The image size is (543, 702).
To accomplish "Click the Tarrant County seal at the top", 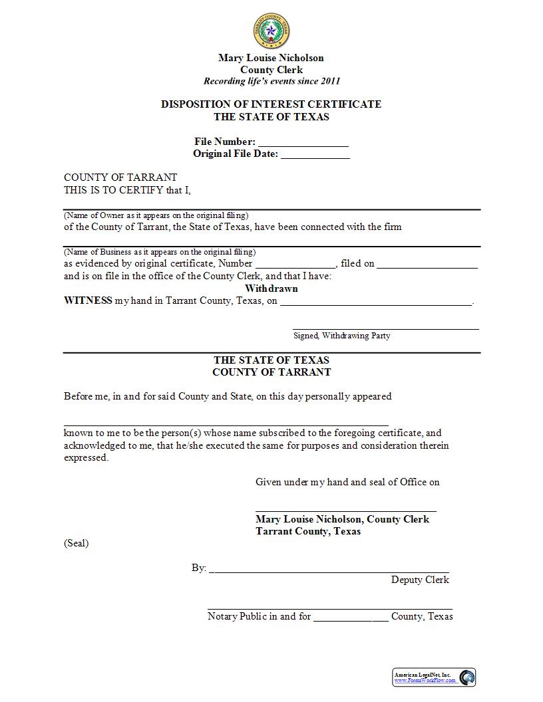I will tap(271, 31).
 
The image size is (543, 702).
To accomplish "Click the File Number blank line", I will tap(303, 143).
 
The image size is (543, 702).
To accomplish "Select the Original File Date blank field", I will tap(315, 155).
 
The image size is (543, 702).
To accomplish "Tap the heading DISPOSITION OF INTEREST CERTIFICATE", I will tap(271, 104).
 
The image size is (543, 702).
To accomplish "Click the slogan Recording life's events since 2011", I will tap(271, 82).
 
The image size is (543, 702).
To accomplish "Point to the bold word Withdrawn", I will tap(271, 289).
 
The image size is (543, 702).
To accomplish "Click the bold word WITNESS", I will tap(88, 301).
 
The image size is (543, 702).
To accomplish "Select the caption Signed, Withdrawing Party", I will tap(342, 336).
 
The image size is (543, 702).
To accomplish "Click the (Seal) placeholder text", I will tap(77, 544).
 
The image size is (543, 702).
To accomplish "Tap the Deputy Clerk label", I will tap(420, 580).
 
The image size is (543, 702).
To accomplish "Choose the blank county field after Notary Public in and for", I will tap(351, 617).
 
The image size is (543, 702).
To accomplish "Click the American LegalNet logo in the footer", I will tap(434, 677).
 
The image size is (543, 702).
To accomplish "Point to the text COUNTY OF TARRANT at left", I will tap(120, 177).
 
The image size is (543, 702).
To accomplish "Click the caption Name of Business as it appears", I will tap(160, 253).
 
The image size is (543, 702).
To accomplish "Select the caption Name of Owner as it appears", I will tap(156, 216).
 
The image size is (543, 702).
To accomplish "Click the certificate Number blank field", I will tap(296, 264).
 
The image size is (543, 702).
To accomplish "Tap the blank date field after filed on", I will tap(427, 264).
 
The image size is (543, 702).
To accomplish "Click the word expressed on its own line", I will tap(86, 458).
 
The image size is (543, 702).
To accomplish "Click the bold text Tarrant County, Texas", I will tap(308, 532).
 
